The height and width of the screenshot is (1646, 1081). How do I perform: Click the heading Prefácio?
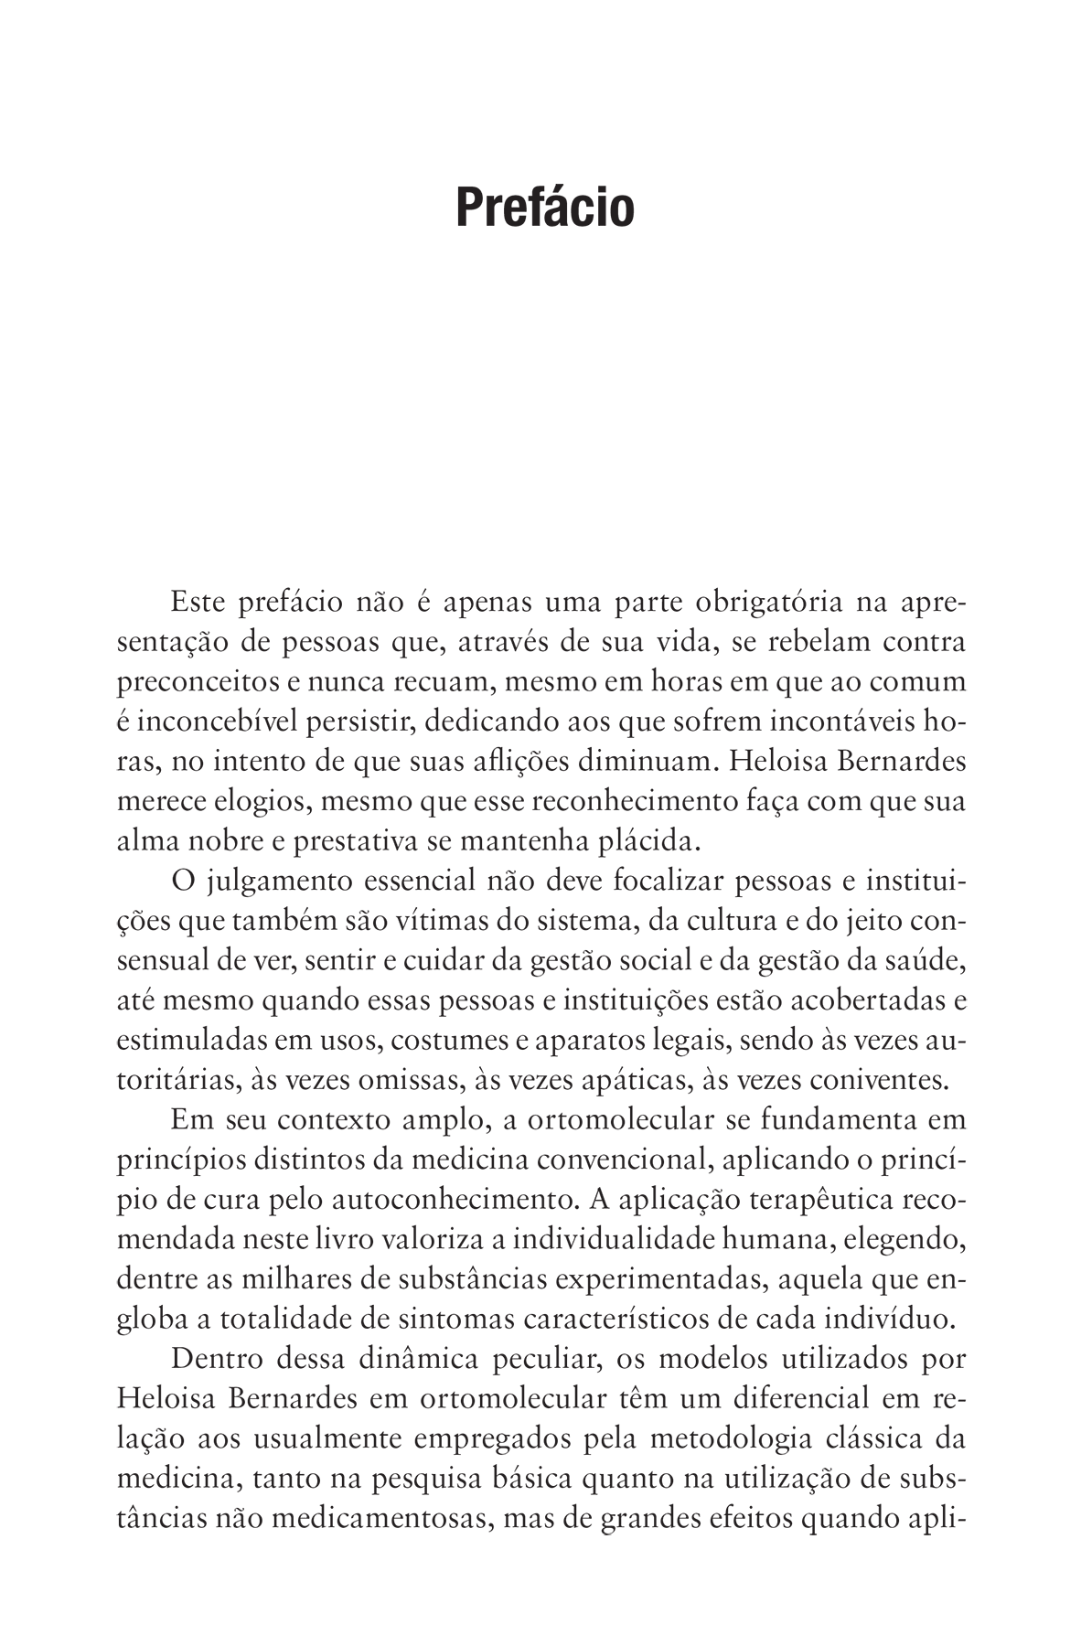545,208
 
